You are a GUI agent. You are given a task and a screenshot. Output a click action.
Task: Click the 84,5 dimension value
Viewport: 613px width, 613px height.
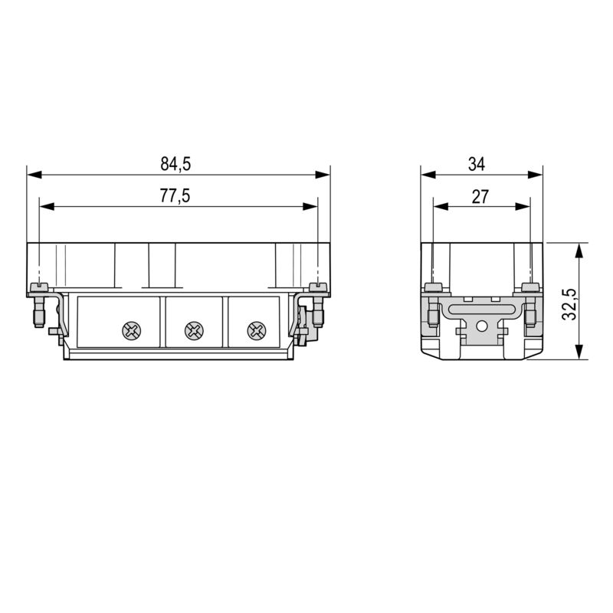pyautogui.click(x=175, y=163)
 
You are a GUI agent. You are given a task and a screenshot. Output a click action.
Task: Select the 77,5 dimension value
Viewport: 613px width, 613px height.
pyautogui.click(x=175, y=196)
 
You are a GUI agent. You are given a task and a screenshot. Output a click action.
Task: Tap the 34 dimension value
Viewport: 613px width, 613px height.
pyautogui.click(x=477, y=163)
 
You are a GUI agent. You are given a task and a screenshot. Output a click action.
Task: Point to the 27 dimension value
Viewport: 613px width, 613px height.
pyautogui.click(x=480, y=196)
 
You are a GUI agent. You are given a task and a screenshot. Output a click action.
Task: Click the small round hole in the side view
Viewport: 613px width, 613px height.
pyautogui.click(x=481, y=326)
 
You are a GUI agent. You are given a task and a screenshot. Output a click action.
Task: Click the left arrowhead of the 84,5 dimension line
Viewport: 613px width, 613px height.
pyautogui.click(x=32, y=175)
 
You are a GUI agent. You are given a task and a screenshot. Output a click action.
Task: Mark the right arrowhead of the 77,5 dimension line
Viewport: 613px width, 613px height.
pyautogui.click(x=312, y=206)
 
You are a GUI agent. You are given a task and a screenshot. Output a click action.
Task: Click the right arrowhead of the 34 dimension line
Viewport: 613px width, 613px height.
pyautogui.click(x=537, y=175)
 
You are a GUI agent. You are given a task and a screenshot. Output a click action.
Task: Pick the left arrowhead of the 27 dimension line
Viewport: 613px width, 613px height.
pyautogui.click(x=438, y=206)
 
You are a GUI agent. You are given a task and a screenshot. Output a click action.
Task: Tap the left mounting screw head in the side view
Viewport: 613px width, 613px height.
pyautogui.click(x=433, y=287)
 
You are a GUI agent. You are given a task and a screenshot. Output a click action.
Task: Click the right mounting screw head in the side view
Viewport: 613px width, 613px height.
pyautogui.click(x=529, y=287)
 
